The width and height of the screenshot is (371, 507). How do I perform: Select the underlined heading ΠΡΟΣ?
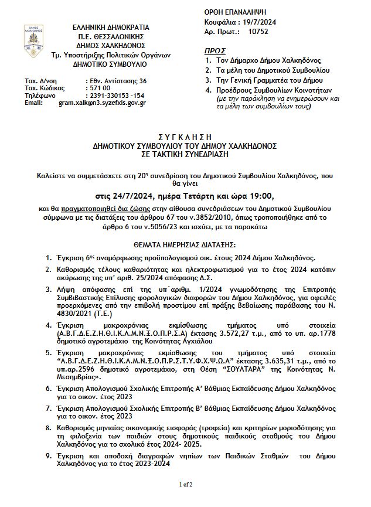pos(215,51)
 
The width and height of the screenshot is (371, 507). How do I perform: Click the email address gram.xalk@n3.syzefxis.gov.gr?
pos(102,103)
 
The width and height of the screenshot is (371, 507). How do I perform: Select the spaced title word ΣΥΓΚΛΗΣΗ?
pos(184,137)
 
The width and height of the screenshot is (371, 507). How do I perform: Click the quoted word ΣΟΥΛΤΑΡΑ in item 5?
pos(240,370)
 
